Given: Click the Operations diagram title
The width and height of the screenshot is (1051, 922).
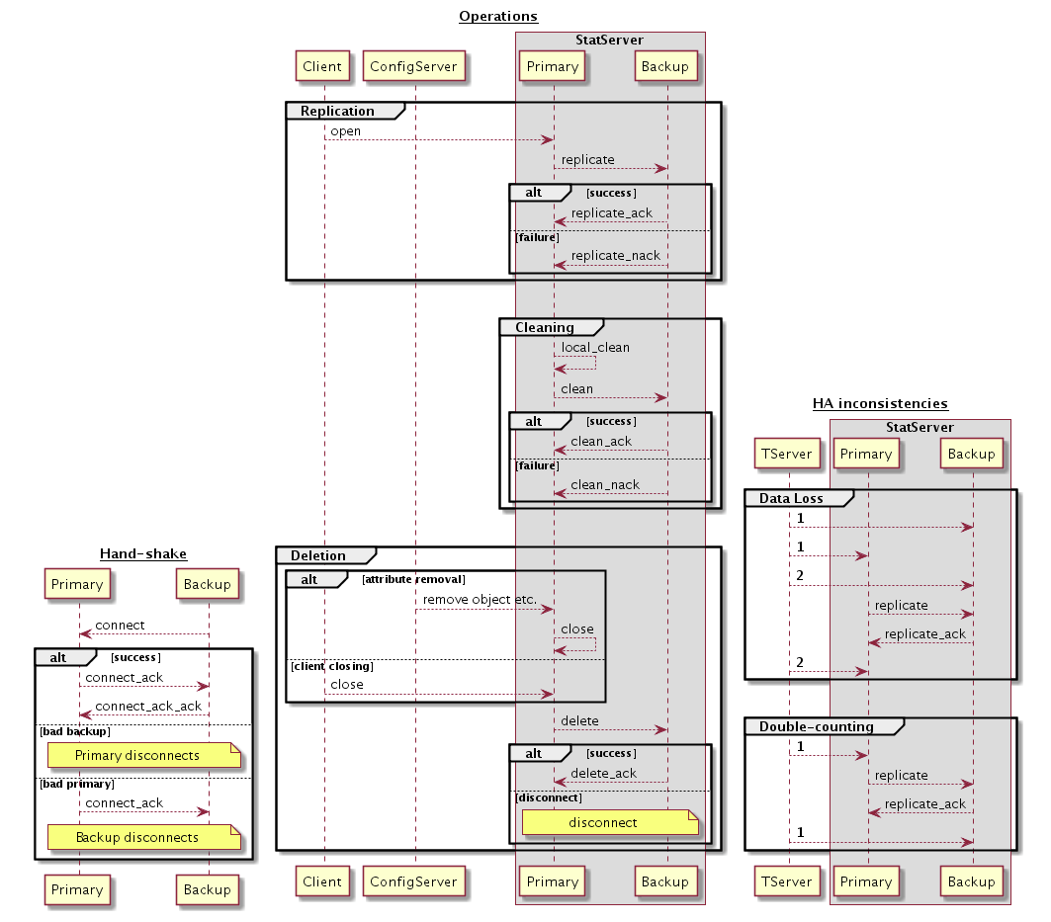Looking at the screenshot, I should (x=498, y=16).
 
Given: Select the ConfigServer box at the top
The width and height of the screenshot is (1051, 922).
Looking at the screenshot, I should (x=414, y=67).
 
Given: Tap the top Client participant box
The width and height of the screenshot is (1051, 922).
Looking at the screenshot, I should (x=323, y=67).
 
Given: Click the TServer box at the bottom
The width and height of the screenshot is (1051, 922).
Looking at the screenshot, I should (x=788, y=881).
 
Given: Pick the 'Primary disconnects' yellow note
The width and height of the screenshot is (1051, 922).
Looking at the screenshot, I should (x=144, y=755).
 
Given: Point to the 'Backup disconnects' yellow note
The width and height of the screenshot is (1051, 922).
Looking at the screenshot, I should (x=144, y=837).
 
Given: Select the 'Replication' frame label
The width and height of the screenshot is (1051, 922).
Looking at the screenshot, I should (x=337, y=111).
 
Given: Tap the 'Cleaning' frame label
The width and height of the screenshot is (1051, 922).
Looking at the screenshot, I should (x=545, y=327).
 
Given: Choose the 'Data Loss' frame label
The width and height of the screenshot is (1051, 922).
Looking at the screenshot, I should (x=792, y=498).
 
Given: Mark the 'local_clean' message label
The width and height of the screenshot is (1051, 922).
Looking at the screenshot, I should (x=595, y=348).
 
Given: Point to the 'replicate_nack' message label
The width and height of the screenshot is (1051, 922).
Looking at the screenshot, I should (x=615, y=256).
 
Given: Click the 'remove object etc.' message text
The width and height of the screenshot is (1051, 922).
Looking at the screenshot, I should (x=480, y=600).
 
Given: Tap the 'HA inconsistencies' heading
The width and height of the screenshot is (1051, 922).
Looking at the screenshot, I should (x=880, y=403).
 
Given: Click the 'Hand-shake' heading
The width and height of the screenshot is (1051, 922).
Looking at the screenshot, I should (x=143, y=553).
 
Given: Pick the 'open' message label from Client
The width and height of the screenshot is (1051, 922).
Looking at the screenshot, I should (x=346, y=131).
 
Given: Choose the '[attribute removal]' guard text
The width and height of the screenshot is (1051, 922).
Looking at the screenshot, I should (x=413, y=579).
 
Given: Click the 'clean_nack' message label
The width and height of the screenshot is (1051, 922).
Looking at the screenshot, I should (x=605, y=485).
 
